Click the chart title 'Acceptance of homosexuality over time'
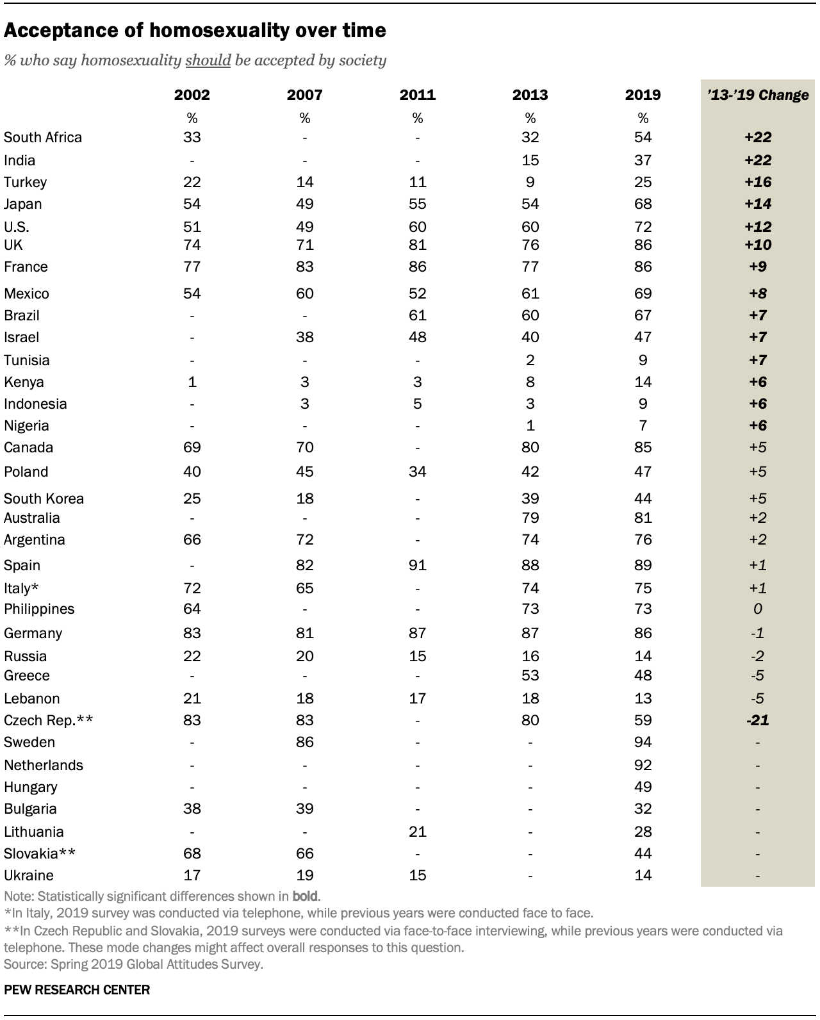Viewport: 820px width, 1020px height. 195,30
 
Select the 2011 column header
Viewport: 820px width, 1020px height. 417,95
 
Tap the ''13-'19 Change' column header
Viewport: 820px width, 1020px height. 757,95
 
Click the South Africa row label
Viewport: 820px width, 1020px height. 43,137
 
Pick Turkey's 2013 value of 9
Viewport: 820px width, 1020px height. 530,182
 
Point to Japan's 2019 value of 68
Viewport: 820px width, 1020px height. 643,204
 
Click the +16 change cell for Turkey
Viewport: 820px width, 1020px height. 757,182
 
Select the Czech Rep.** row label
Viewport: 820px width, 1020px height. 49,720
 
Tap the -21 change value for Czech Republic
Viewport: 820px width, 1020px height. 757,720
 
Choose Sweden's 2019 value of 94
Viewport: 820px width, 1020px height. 643,742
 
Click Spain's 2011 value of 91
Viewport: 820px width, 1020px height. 417,565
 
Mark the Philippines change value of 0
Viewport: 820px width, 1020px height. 757,609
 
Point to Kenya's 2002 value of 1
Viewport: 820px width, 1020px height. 192,382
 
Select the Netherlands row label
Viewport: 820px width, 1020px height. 44,765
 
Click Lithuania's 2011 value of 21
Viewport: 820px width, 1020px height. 417,832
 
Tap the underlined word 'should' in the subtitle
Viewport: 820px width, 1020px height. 208,60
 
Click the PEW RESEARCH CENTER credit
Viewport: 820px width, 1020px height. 77,989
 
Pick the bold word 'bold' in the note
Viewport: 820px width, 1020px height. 305,895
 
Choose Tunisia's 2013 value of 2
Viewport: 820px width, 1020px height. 530,360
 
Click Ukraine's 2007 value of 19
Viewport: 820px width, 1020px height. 305,875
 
